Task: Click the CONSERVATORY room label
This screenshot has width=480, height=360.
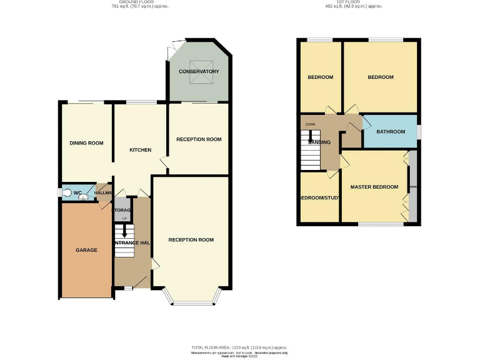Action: (x=199, y=72)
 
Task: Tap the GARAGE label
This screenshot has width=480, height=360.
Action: (x=86, y=250)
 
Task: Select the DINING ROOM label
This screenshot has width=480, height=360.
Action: (x=86, y=143)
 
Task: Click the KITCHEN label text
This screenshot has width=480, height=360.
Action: (x=140, y=150)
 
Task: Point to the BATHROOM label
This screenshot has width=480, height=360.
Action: (x=390, y=132)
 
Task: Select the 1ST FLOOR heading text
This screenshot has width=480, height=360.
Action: (x=353, y=2)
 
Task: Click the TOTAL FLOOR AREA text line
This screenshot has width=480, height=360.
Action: (x=239, y=347)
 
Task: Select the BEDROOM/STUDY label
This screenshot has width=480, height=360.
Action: (x=320, y=198)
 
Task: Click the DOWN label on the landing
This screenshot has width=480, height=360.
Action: (x=310, y=124)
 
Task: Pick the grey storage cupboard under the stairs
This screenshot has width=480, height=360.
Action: (x=122, y=210)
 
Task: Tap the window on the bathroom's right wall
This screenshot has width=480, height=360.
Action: (x=418, y=132)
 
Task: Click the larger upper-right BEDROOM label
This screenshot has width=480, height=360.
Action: (x=380, y=77)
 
